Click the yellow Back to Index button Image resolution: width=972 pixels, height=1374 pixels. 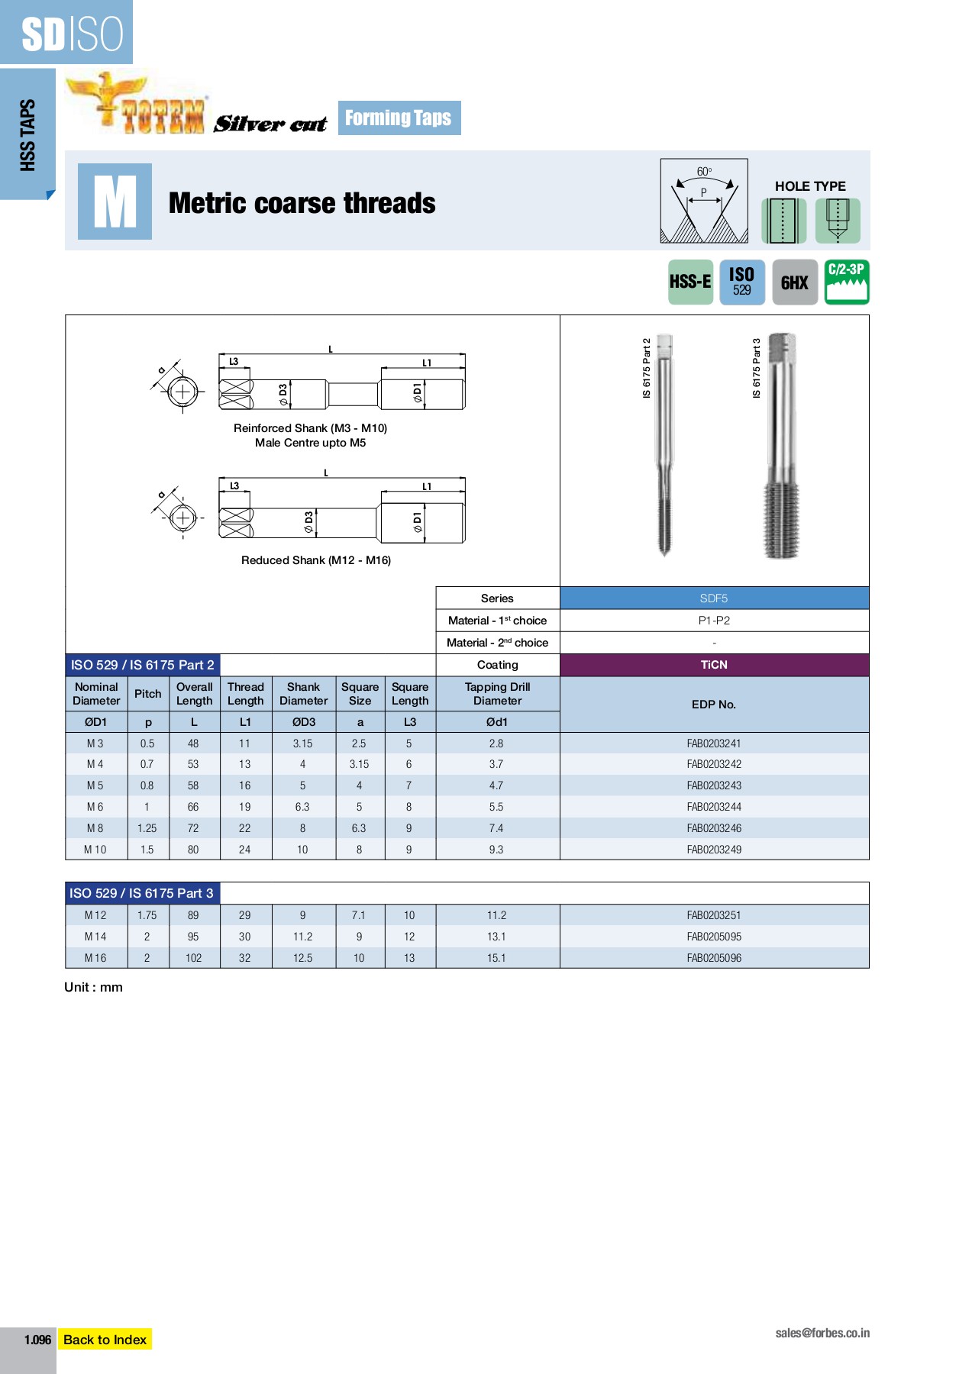point(105,1339)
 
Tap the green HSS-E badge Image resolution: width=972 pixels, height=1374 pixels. point(690,282)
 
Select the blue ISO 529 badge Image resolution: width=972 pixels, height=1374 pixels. point(741,282)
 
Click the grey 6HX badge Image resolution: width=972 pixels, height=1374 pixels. point(794,282)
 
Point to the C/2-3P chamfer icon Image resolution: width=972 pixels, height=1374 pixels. point(847,282)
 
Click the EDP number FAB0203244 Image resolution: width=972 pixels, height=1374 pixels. point(713,807)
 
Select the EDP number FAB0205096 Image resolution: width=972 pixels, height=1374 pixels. point(713,958)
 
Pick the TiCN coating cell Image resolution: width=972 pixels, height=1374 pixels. point(714,665)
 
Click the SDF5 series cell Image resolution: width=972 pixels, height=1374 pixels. point(714,598)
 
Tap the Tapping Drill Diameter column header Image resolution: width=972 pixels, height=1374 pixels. point(497,694)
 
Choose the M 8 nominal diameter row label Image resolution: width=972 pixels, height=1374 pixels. point(95,828)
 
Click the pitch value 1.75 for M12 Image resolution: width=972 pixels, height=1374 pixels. point(147,915)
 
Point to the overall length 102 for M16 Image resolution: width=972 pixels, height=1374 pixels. point(193,958)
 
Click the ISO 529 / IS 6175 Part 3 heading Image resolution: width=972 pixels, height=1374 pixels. point(142,893)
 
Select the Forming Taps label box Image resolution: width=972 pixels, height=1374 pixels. point(399,118)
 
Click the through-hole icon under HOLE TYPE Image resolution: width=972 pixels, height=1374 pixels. point(783,221)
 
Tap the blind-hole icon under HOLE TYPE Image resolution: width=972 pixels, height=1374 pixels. point(838,221)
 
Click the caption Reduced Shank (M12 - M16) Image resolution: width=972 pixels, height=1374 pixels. point(316,560)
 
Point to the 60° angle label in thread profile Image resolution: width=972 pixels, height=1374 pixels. point(704,172)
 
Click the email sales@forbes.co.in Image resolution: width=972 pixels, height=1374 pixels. point(822,1333)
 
